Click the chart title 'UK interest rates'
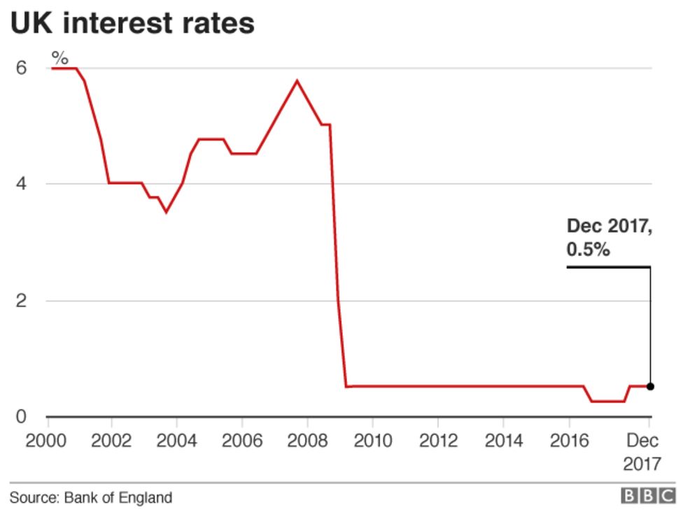132,23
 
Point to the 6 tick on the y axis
22,68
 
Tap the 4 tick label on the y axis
22,184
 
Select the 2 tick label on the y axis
22,301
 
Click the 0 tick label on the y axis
22,417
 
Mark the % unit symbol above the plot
60,57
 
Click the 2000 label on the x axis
47,442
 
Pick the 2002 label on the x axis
112,442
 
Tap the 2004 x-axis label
177,442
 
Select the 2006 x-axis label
242,442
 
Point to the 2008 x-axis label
307,442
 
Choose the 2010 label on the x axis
372,442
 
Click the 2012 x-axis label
437,442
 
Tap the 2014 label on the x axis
503,442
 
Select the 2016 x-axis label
568,442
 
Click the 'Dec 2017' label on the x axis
642,452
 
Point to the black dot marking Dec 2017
650,386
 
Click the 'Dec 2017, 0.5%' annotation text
608,237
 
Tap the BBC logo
647,496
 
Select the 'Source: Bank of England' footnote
91,498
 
